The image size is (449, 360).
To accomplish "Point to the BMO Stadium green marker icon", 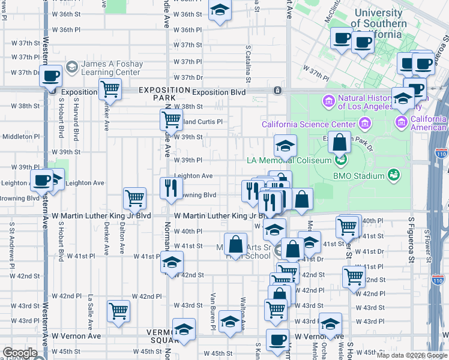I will coord(394,176).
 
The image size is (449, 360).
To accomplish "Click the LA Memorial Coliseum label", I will coord(290,160).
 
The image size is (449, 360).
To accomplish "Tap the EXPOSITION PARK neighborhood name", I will coord(157,93).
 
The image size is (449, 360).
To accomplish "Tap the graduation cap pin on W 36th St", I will coord(220,10).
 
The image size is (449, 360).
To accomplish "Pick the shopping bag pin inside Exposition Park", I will coord(339,143).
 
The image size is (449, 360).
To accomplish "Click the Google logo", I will coord(20,353).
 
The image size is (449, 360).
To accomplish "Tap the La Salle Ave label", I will coord(91,306).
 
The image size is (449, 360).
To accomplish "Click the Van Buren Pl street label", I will coord(212,307).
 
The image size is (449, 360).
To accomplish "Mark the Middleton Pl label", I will coord(20,136).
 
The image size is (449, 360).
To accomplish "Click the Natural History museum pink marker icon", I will coord(328,99).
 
